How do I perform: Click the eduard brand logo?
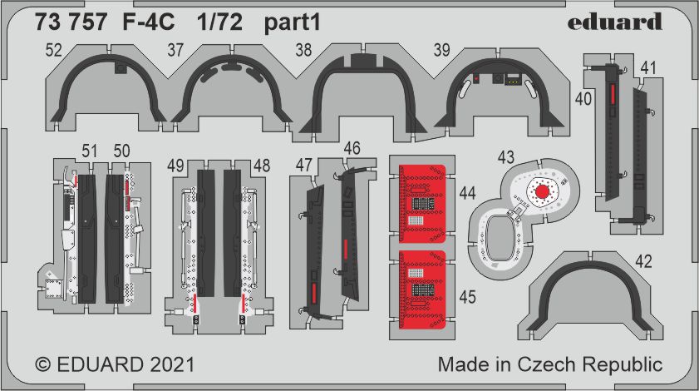(x=615, y=22)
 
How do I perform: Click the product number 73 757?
(x=71, y=22)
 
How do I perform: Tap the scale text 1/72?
(x=219, y=22)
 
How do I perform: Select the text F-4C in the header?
(x=149, y=22)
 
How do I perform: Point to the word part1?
(x=293, y=22)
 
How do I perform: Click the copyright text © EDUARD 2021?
(x=115, y=364)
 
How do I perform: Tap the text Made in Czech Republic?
(x=549, y=364)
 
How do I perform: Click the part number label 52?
(x=53, y=50)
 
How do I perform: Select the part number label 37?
(x=175, y=50)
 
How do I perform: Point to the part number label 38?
(x=303, y=50)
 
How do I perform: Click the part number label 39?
(x=442, y=50)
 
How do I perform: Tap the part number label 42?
(x=643, y=261)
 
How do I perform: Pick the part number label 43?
(x=505, y=157)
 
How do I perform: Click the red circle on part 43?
(x=542, y=191)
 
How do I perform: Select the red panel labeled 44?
(x=422, y=203)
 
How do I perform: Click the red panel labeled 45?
(x=422, y=290)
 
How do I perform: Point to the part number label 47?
(x=303, y=166)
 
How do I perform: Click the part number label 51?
(x=89, y=151)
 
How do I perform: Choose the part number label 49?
(x=175, y=166)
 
